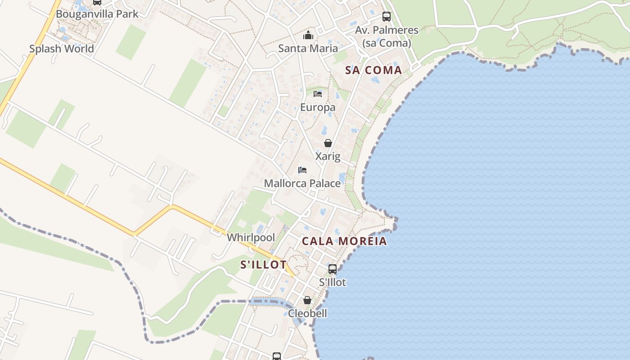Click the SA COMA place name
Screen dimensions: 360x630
click(x=373, y=70)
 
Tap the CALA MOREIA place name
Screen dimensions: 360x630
click(x=344, y=241)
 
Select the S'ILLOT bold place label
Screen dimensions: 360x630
click(x=263, y=265)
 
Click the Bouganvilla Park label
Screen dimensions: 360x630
click(x=97, y=14)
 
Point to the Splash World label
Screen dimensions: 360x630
click(x=62, y=49)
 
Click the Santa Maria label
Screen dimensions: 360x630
click(x=308, y=48)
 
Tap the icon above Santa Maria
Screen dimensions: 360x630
click(x=308, y=35)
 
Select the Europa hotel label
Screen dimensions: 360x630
click(x=318, y=107)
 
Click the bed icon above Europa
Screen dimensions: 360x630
click(x=318, y=94)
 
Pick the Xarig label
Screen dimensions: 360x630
click(x=328, y=156)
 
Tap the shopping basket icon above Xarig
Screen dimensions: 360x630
click(x=328, y=143)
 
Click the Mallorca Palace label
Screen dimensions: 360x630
click(x=302, y=183)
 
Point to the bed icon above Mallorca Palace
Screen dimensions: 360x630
click(x=302, y=170)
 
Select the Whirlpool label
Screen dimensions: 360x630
click(x=251, y=237)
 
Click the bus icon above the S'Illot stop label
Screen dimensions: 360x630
click(x=333, y=269)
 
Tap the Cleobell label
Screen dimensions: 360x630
click(x=307, y=313)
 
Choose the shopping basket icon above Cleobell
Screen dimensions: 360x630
click(x=307, y=300)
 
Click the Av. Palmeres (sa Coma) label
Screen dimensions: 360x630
click(x=387, y=36)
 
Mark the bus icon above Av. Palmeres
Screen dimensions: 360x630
click(x=387, y=17)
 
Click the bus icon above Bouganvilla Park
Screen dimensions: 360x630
click(x=97, y=2)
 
